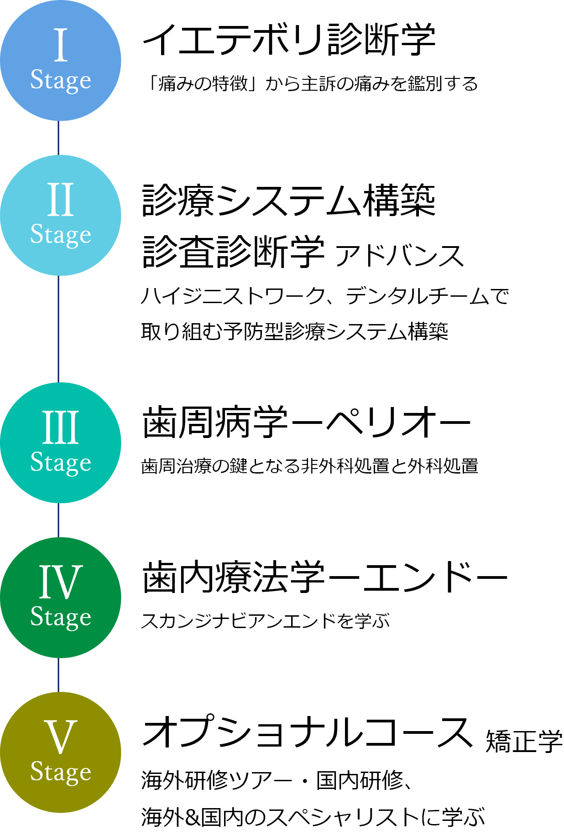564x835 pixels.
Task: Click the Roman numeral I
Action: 61,45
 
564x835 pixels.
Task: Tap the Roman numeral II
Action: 61,200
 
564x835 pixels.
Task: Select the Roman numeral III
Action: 61,427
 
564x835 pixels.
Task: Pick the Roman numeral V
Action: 61,737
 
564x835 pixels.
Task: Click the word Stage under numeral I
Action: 61,80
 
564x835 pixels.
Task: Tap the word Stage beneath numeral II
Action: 61,235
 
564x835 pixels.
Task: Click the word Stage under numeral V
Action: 61,772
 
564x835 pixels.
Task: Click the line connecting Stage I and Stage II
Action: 58,138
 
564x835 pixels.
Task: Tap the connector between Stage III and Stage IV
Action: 58,520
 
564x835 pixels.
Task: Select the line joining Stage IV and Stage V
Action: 58,675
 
